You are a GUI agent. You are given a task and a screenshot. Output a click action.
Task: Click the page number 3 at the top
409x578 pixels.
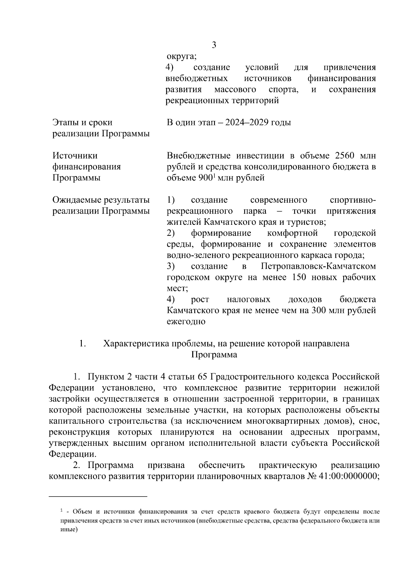pos(214,45)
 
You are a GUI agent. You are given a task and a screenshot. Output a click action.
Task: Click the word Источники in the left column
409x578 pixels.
pos(75,156)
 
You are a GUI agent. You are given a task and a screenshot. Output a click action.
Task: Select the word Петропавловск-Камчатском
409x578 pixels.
pos(318,266)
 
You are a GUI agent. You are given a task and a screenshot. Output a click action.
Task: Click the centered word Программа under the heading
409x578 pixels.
pos(214,355)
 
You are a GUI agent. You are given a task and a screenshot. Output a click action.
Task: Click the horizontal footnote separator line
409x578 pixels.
pos(98,496)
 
